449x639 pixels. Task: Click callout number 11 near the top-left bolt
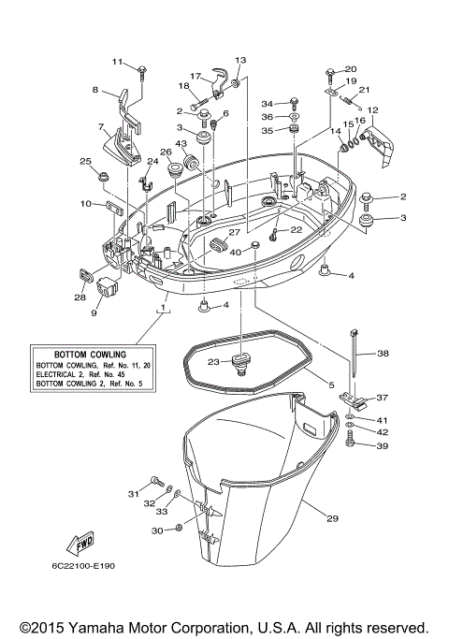(118, 62)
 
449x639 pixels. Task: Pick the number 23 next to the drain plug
(213, 362)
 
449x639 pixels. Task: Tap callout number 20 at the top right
(352, 69)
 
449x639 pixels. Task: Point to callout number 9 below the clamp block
(94, 313)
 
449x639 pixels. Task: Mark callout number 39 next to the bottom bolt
(381, 447)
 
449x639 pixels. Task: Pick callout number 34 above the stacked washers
(267, 103)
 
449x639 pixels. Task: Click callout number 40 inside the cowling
(236, 253)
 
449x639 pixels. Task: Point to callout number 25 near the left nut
(85, 162)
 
